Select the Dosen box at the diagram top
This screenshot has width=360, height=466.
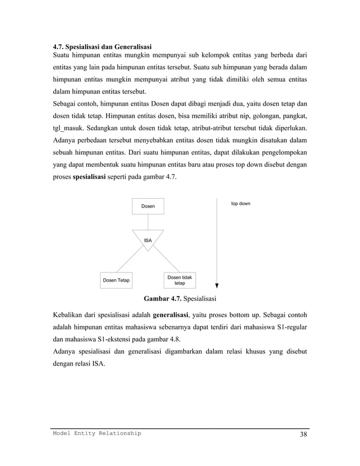pos(148,206)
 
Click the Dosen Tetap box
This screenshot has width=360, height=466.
pos(116,280)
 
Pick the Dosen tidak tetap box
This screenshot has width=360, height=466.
pos(179,280)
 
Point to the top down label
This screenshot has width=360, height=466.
pos(241,203)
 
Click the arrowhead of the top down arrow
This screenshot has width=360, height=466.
pos(217,285)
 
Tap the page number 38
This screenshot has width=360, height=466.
pos(304,434)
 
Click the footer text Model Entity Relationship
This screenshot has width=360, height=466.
pos(96,433)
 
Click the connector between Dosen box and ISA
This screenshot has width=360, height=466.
pos(148,222)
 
